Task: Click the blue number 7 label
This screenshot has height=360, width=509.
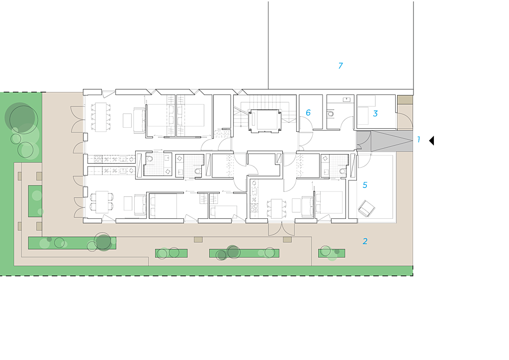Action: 340,66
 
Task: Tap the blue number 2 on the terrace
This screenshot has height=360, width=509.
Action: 365,241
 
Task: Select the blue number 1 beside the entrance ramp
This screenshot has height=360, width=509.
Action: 419,140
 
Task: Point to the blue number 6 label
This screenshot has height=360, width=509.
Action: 308,113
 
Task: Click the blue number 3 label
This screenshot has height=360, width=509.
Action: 375,113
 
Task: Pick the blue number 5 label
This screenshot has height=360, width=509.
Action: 365,185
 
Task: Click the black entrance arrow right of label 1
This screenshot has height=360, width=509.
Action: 432,141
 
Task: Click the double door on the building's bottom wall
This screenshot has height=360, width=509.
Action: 281,229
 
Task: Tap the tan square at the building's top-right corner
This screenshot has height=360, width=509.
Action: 405,100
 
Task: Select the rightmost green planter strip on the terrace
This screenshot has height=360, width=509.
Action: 332,253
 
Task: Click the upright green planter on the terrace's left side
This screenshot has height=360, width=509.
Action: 35,200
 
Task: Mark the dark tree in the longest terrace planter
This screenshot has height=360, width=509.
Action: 103,242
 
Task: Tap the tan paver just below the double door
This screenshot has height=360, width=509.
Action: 287,240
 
